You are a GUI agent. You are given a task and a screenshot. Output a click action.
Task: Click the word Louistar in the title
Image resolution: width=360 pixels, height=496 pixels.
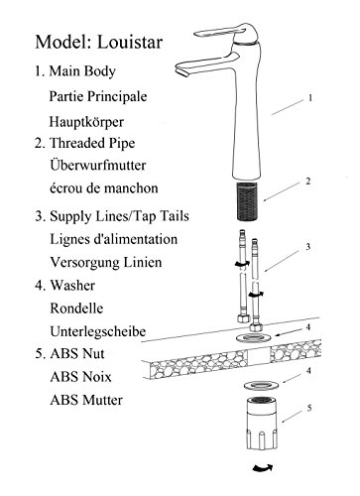(x=130, y=42)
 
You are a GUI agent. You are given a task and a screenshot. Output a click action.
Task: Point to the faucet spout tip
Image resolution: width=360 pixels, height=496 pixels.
(x=181, y=71)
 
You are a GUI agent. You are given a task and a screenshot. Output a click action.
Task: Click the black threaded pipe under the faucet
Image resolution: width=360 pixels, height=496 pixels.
(x=247, y=201)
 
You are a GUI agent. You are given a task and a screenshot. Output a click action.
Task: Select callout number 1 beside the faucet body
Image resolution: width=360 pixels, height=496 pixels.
(x=310, y=98)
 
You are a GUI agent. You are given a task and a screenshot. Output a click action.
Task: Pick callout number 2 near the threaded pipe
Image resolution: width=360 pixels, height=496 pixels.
(x=308, y=182)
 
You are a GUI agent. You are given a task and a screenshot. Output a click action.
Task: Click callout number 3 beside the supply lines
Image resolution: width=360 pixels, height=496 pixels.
(x=308, y=247)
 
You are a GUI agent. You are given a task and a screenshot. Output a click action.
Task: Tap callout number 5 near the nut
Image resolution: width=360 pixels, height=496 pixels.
(x=309, y=408)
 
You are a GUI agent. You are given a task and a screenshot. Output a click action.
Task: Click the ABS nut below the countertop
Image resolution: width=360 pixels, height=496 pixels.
(x=262, y=424)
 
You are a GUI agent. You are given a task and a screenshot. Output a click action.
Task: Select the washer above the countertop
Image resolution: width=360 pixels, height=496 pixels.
(x=254, y=338)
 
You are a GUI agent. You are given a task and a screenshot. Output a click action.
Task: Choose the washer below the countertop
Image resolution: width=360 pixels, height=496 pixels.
(x=262, y=385)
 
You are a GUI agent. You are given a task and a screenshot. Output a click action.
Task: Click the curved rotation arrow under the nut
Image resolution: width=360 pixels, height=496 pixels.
(x=263, y=468)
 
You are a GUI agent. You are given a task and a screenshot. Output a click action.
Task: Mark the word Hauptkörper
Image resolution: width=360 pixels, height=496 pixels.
(x=86, y=122)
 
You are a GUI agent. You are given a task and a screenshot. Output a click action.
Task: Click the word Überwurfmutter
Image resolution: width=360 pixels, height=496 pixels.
(x=98, y=165)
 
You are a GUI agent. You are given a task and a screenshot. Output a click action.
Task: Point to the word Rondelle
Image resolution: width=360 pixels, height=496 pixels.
(x=76, y=309)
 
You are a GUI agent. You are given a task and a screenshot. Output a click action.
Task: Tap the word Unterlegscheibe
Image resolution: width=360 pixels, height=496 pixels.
(x=98, y=331)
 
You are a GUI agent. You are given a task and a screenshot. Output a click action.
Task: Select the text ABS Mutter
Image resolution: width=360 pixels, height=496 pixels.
(x=86, y=400)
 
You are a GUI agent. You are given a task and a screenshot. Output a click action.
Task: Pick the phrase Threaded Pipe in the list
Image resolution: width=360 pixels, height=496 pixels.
(x=92, y=143)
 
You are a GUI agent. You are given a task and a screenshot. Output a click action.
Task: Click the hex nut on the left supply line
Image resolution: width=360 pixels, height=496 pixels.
(x=243, y=318)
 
